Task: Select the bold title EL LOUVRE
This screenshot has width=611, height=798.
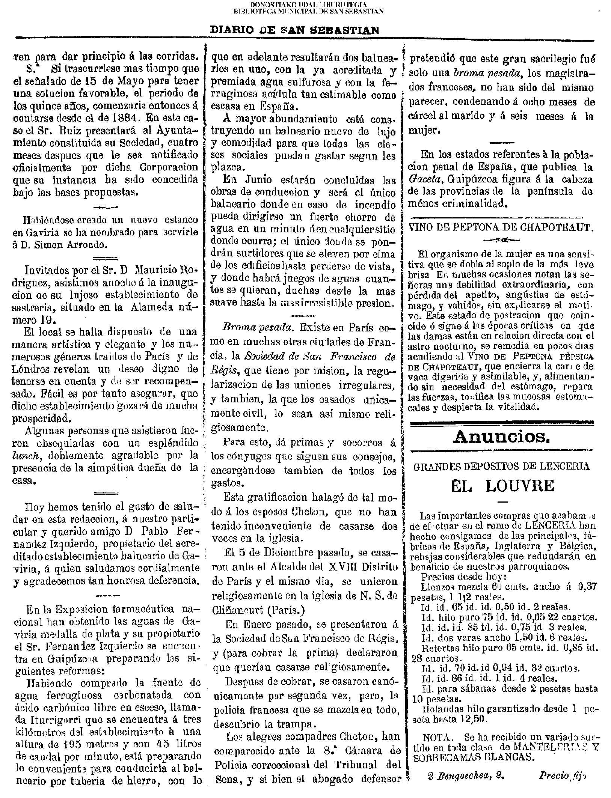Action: click(x=502, y=486)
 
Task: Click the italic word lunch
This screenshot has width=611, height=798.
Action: click(x=25, y=456)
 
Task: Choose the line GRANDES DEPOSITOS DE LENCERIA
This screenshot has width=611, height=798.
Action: click(x=501, y=466)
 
